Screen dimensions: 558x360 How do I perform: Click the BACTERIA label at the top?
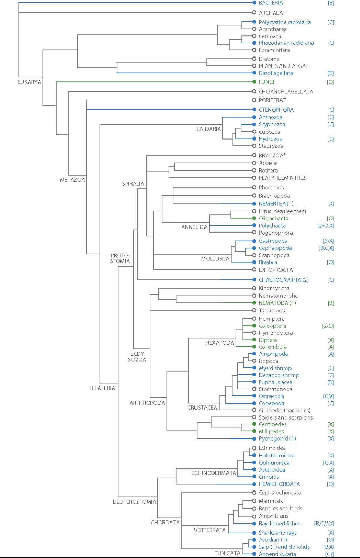coord(271,3)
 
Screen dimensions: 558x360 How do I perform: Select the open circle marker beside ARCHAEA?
coord(254,13)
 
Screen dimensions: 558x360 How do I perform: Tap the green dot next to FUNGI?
coord(254,82)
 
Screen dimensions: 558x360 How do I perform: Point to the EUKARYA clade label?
coord(29,82)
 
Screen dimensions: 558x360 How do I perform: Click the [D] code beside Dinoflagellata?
coord(330,73)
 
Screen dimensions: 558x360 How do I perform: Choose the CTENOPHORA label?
coord(276,110)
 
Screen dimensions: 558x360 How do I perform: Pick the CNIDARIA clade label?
coord(209,129)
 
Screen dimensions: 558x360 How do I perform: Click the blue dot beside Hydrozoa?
coord(254,139)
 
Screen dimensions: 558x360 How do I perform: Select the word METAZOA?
coord(72,179)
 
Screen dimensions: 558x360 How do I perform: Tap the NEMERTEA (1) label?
coord(276,204)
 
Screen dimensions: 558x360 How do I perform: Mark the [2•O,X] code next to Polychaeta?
coord(326,226)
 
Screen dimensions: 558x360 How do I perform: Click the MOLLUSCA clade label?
coord(215,259)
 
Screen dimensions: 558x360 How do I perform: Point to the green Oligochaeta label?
coord(274,218)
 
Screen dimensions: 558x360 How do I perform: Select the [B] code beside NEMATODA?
coord(330,303)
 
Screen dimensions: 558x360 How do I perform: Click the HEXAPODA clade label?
coord(220,343)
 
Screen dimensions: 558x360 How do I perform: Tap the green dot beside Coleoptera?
coord(254,326)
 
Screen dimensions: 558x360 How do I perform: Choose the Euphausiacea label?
coord(275,382)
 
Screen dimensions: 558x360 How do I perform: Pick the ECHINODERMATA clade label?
coord(214,473)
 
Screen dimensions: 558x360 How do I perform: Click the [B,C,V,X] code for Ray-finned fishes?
coord(324,523)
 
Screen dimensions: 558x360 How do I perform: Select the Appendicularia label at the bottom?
coord(277,554)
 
